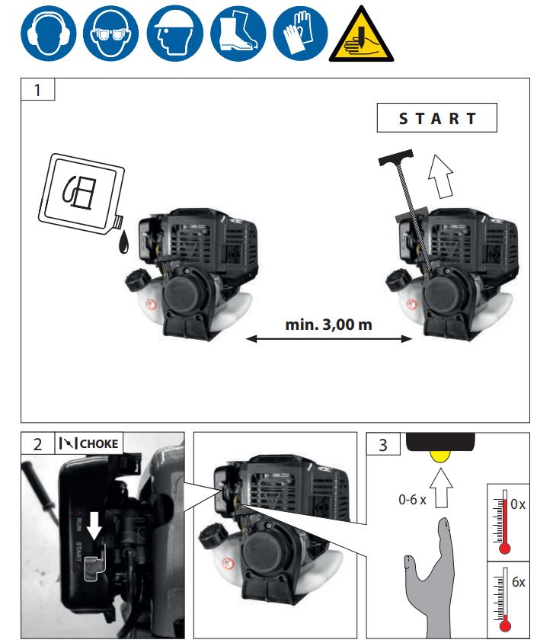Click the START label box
(x=436, y=119)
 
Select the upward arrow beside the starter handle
(x=440, y=174)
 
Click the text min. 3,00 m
(x=328, y=324)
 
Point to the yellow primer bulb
(x=439, y=456)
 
